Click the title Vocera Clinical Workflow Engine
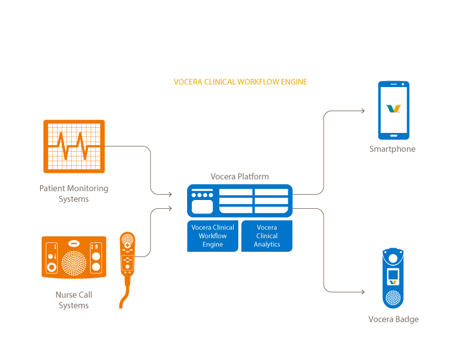click(240, 82)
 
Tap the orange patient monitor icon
click(74, 146)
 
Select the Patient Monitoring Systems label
click(74, 194)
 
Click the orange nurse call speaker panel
click(74, 256)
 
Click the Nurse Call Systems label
click(74, 300)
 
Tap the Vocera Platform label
click(239, 176)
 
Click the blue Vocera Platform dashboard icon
click(239, 201)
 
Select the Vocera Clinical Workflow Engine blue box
click(212, 236)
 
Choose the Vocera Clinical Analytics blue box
click(267, 236)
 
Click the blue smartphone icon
click(393, 110)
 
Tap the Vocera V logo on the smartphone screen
click(393, 109)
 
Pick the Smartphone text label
click(392, 149)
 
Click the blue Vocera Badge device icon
click(393, 278)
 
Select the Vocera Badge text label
click(393, 319)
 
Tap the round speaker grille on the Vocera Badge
click(393, 298)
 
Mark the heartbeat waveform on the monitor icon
click(74, 145)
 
